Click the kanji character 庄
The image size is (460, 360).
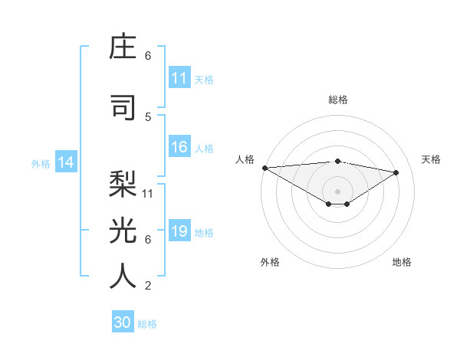click(x=123, y=47)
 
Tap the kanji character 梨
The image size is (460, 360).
click(x=123, y=185)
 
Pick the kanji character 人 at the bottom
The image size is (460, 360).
click(x=123, y=275)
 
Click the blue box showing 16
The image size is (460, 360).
click(x=179, y=148)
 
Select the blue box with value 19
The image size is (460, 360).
click(x=179, y=232)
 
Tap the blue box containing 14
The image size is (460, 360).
click(x=65, y=162)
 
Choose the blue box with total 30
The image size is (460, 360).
click(x=123, y=322)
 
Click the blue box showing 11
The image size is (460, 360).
click(x=179, y=78)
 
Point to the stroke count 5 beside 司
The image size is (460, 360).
click(x=148, y=116)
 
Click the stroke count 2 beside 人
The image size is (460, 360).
click(x=148, y=286)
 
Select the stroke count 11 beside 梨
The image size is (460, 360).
click(x=148, y=193)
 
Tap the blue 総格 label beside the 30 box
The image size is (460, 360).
click(x=147, y=324)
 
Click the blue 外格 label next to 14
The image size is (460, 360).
click(x=41, y=163)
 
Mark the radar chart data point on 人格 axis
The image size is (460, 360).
click(x=264, y=167)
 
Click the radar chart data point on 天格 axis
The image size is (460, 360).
click(x=396, y=172)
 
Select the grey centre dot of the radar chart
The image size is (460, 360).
click(x=337, y=190)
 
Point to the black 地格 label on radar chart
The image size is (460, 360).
click(x=402, y=262)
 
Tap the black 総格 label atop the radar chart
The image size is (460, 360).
click(x=337, y=100)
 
